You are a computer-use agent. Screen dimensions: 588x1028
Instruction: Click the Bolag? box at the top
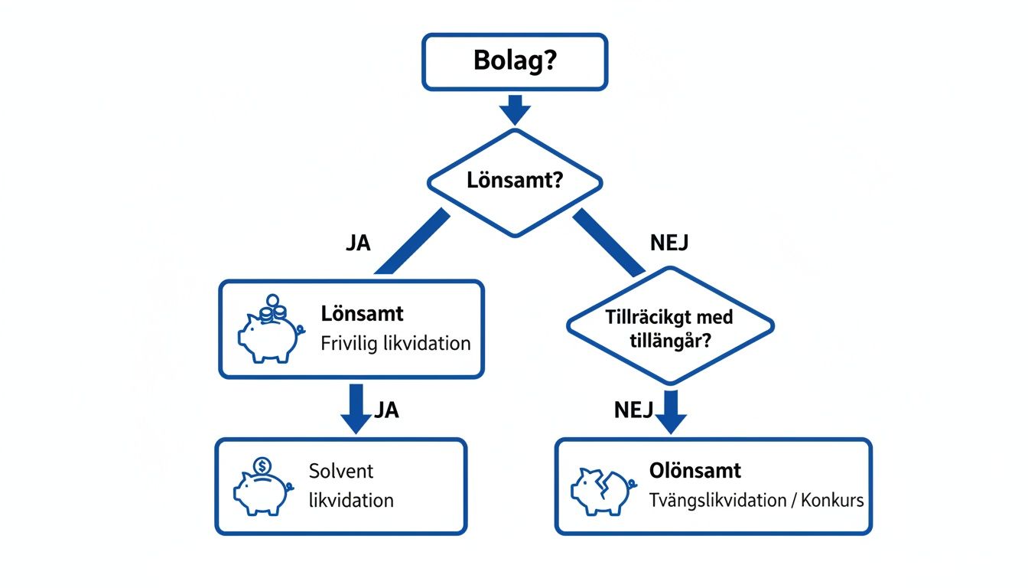coord(515,60)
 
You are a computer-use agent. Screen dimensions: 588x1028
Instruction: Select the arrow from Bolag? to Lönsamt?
coord(515,109)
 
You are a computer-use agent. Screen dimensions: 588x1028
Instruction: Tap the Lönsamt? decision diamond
coord(515,182)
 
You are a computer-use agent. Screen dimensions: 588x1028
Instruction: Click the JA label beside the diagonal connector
coord(358,243)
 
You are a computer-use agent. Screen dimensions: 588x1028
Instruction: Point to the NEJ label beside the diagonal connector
coord(669,243)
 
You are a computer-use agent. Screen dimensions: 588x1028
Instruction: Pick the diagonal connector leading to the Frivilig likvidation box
coord(412,242)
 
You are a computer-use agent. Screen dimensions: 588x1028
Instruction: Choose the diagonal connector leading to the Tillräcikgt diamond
coord(609,242)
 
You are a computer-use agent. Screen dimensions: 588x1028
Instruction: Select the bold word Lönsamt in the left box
coord(363,314)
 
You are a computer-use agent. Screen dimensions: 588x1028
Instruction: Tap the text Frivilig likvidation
coord(395,343)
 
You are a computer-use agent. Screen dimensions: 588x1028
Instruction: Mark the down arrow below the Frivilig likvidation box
coord(356,409)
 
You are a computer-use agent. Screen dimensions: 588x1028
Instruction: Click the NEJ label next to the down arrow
coord(633,410)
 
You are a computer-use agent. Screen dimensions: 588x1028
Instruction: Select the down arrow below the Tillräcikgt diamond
coord(671,412)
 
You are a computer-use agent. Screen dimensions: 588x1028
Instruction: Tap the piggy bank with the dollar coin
coord(262,486)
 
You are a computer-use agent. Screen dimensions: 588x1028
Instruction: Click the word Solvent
coord(341,471)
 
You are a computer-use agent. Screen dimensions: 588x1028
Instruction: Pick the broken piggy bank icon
coord(600,488)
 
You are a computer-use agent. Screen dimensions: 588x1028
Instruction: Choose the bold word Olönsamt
coord(695,471)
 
